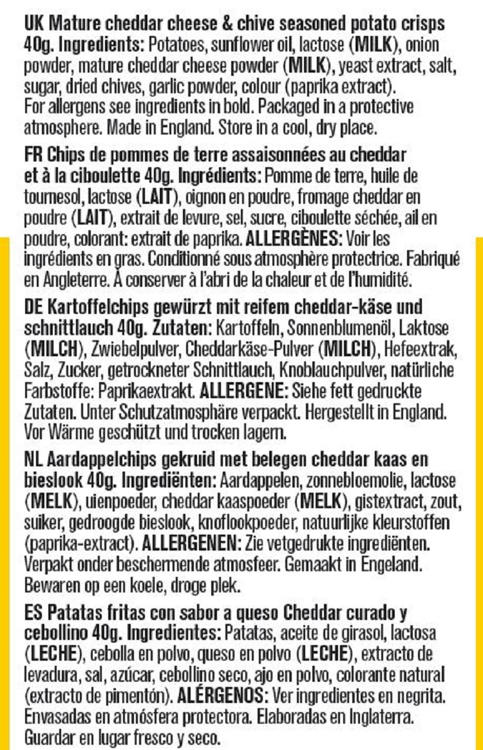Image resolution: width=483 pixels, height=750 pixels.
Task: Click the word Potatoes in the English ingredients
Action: point(168,46)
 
